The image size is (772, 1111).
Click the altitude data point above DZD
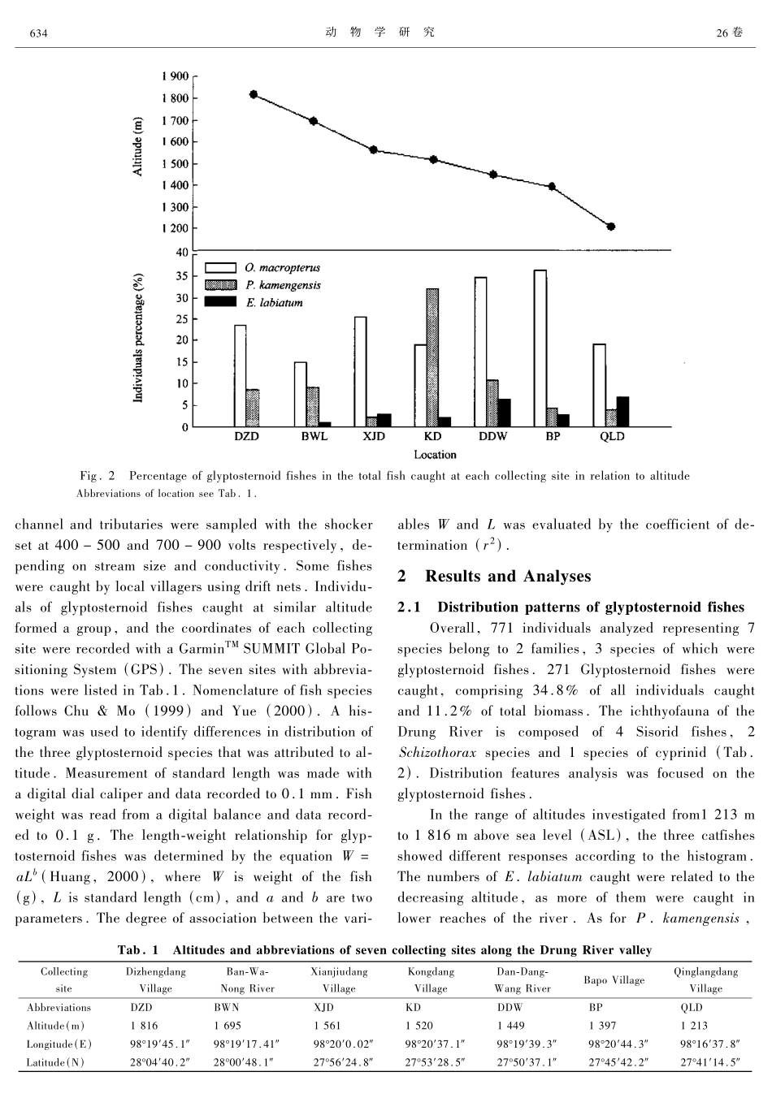coord(254,94)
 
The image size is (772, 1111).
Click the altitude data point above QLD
coord(611,227)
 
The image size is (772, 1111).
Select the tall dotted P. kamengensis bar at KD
coord(432,357)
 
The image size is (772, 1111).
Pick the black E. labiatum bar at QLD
coord(623,412)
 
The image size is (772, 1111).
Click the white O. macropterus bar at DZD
coord(240,376)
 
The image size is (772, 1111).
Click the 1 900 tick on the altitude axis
coord(175,76)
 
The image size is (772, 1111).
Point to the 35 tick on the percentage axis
coord(181,276)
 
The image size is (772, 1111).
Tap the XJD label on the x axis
coord(373,437)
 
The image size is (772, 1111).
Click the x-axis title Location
coord(435,455)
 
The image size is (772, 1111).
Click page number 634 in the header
coord(38,33)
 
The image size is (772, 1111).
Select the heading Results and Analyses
coord(509,577)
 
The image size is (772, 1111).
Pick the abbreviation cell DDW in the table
coord(509,1007)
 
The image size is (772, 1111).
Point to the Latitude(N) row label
coord(58,1062)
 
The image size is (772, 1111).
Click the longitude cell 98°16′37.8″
coord(705,1044)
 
